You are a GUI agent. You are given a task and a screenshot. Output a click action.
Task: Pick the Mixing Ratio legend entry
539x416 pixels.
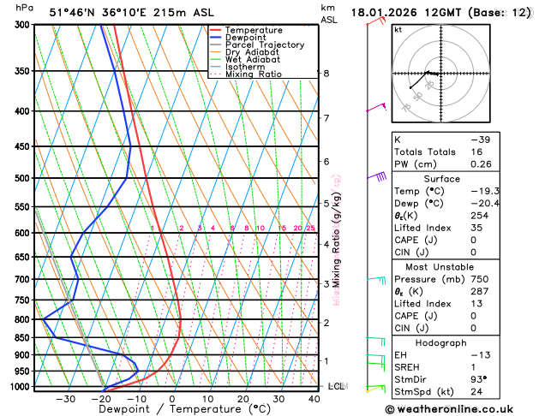pos(254,74)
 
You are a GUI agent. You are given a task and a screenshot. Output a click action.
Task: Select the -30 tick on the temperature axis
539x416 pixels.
pos(65,399)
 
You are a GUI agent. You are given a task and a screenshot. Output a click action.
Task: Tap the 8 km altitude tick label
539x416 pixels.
pos(326,74)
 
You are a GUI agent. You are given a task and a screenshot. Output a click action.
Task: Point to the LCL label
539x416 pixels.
pos(337,387)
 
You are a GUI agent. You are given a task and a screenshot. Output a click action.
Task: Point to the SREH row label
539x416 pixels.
pos(408,367)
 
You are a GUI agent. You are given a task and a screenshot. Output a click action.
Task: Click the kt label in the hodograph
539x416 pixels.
pos(398,29)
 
